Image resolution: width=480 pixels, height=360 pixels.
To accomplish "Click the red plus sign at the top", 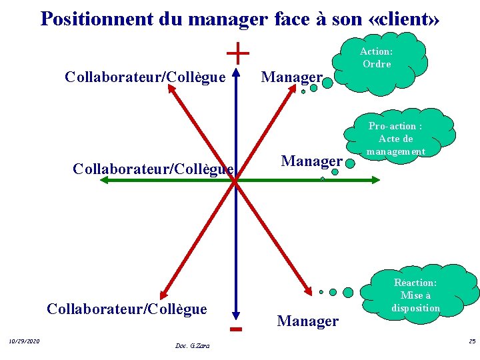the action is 238,53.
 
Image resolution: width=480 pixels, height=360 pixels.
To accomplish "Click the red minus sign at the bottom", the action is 235,329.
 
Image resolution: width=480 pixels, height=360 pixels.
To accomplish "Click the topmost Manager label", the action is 292,77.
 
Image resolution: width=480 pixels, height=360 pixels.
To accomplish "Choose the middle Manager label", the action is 311,161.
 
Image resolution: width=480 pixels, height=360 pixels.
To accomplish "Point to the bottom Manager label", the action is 307,321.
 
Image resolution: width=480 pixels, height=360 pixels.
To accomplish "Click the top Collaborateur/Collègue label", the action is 145,77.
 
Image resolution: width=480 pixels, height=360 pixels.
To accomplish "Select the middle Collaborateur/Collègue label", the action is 153,169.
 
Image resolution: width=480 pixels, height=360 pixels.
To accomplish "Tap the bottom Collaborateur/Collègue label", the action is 127,309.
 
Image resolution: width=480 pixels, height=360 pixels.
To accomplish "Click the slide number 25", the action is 472,342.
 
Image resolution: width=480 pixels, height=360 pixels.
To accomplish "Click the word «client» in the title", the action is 403,19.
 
